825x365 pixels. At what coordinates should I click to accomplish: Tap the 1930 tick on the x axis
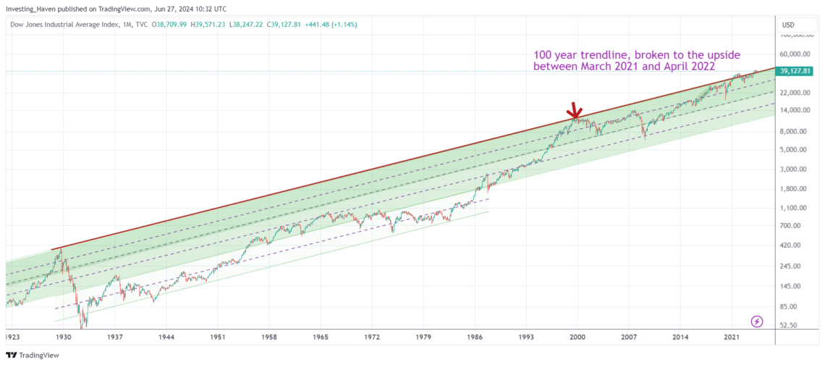tap(64, 337)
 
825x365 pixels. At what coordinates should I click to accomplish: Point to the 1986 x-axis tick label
tap(475, 337)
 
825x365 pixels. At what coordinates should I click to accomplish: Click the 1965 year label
tap(321, 337)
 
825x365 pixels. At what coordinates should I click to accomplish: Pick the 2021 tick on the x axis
tap(732, 337)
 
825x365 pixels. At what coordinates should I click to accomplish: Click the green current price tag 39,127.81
tap(794, 71)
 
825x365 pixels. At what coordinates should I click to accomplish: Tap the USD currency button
tap(788, 25)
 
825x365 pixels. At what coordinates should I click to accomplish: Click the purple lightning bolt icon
tap(757, 321)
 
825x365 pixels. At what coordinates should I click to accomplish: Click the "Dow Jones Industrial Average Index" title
tap(72, 25)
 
